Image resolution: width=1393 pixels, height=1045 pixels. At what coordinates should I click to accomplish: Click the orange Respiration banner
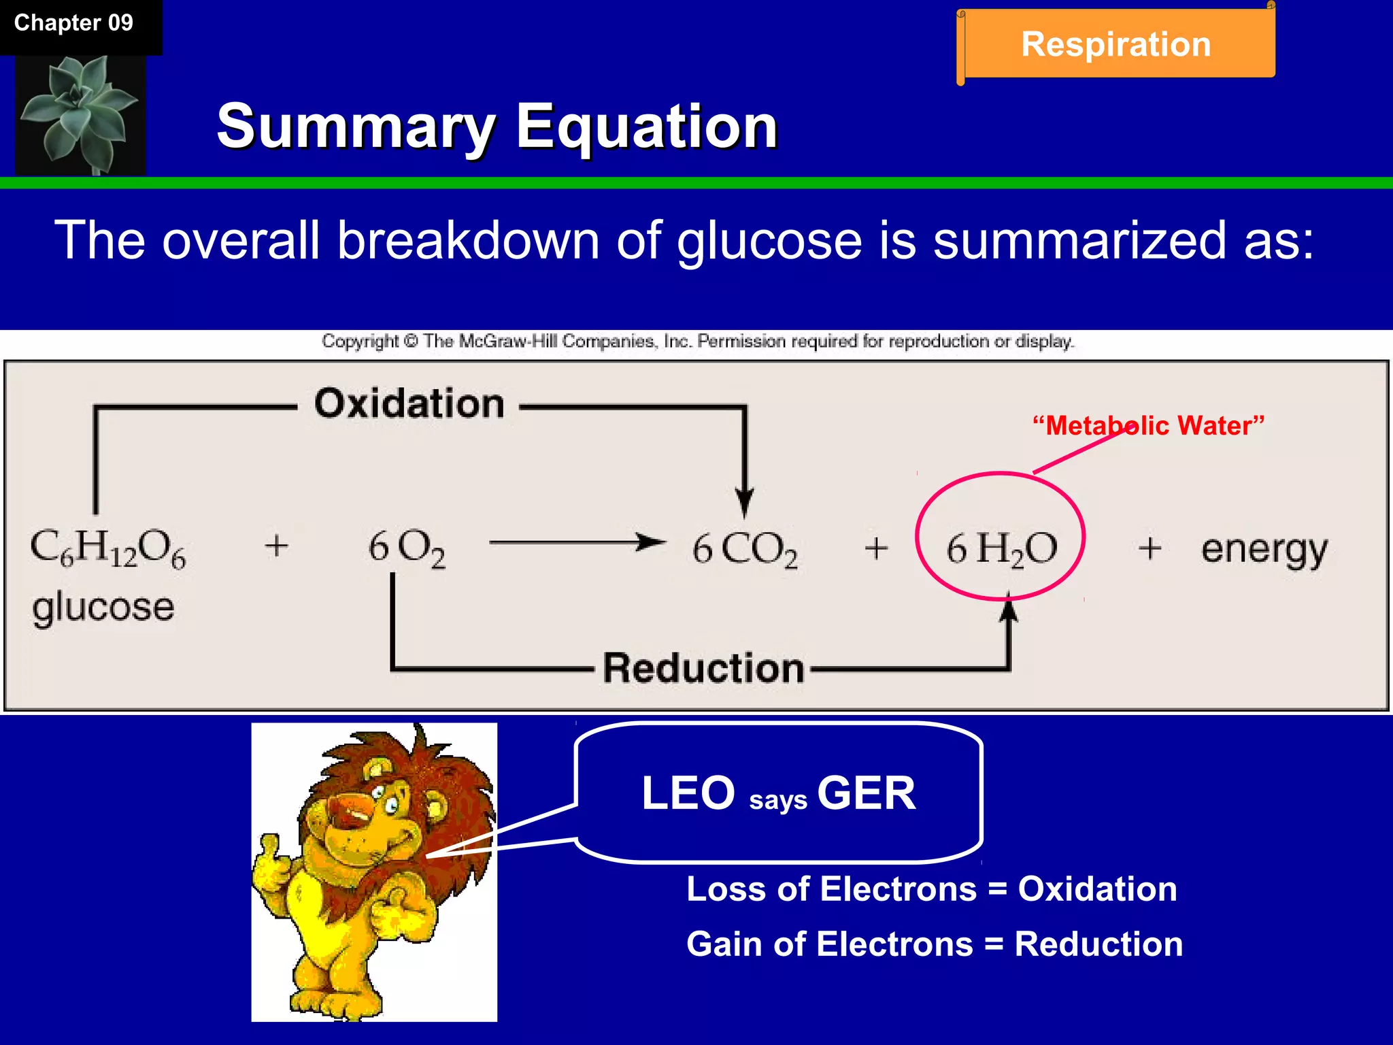tap(1115, 45)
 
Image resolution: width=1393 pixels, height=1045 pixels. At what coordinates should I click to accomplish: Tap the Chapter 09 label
tap(73, 23)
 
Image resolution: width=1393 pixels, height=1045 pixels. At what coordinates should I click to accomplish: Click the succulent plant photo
tap(80, 114)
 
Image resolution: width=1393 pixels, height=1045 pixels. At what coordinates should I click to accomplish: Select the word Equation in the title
tap(646, 127)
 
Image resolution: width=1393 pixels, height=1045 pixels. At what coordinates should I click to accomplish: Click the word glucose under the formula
tap(103, 607)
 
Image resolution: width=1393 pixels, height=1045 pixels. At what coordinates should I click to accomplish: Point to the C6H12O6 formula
tap(107, 548)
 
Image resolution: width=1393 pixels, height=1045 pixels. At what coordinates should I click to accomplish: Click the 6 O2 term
tap(407, 548)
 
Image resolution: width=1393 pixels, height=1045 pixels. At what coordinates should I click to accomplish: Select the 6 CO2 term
tap(744, 548)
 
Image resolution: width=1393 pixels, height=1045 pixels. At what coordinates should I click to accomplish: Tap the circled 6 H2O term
tap(1001, 548)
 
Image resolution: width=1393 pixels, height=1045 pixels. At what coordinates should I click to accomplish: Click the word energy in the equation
tap(1264, 548)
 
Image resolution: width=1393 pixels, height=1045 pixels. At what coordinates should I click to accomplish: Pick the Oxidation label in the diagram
tap(409, 404)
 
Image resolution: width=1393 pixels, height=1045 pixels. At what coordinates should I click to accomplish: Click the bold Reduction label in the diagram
tap(703, 668)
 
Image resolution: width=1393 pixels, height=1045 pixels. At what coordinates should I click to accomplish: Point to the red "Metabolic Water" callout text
tap(1148, 426)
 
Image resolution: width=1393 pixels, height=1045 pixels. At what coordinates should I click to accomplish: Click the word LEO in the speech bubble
tap(688, 793)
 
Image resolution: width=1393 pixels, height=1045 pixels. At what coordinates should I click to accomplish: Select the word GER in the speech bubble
tap(867, 793)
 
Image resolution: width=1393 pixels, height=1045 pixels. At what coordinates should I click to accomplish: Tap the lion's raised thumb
tap(270, 847)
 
